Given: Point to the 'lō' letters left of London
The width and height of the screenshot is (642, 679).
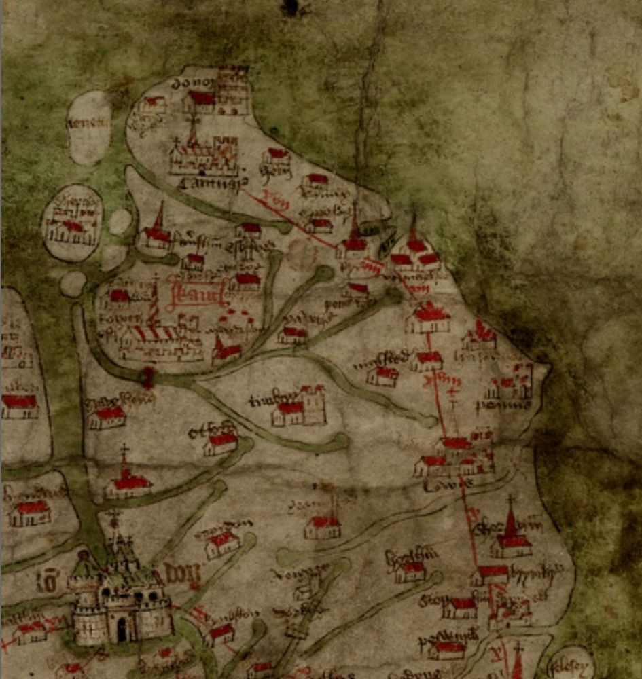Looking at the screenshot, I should pyautogui.click(x=48, y=582).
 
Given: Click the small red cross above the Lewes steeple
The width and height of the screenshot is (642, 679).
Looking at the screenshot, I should pyautogui.click(x=452, y=392).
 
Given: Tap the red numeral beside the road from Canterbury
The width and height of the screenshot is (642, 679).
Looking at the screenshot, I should pyautogui.click(x=273, y=200).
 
